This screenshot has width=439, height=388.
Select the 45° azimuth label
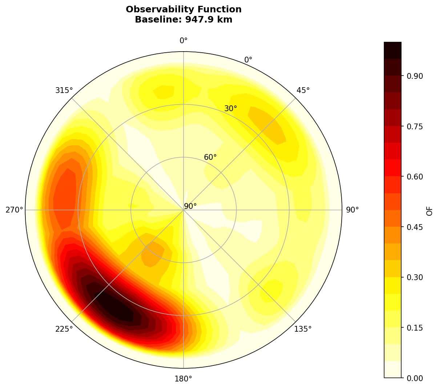point(303,90)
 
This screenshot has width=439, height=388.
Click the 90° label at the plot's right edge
point(352,210)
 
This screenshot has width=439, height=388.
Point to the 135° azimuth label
point(303,329)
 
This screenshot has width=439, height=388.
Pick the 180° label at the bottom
point(184,379)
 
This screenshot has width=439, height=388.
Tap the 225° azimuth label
point(64,329)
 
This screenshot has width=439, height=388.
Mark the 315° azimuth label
point(64,90)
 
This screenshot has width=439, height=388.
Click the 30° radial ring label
point(230,108)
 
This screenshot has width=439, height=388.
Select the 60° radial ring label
point(210,157)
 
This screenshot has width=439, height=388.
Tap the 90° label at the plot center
point(190,206)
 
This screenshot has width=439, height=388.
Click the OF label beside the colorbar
point(430,210)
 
